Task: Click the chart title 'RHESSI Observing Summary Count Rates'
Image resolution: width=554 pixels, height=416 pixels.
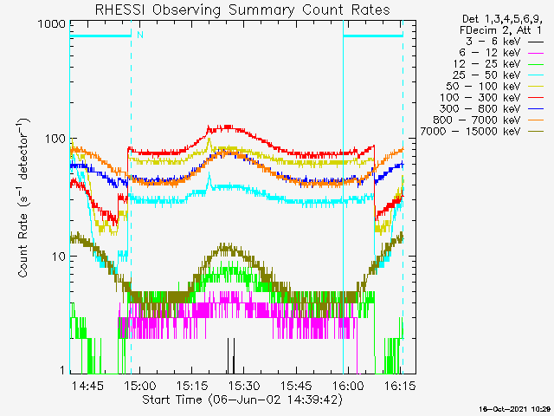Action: [x=242, y=10]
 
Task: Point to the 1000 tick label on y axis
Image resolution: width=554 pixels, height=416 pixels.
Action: [x=52, y=24]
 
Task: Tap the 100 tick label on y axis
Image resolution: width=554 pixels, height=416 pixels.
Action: [x=55, y=139]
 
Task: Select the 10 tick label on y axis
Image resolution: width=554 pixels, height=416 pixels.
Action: [x=59, y=257]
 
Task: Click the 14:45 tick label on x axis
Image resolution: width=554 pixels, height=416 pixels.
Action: [x=88, y=385]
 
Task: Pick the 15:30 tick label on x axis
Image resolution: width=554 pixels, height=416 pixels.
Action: [x=244, y=385]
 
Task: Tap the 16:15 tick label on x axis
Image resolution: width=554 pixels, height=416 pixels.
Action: [x=400, y=385]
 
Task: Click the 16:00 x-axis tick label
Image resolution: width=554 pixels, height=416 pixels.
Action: [x=348, y=385]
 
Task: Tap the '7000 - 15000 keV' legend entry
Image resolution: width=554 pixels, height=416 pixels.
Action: [x=482, y=132]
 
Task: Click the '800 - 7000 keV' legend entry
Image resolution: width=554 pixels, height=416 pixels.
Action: [x=488, y=120]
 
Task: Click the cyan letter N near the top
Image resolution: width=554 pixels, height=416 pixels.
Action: [x=140, y=35]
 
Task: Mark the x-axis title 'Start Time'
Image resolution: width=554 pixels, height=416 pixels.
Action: [x=172, y=400]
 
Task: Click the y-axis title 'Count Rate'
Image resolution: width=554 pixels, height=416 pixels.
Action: [x=23, y=245]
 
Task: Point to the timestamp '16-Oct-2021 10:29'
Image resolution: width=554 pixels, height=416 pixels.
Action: [x=515, y=409]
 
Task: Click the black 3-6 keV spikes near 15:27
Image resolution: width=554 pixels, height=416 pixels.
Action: [x=231, y=356]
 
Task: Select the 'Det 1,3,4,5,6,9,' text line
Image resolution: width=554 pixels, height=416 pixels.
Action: [x=502, y=19]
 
